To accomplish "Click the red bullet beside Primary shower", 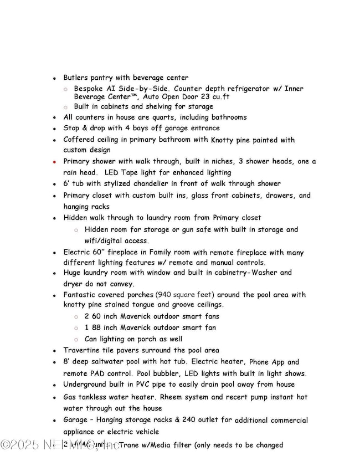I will pyautogui.click(x=54, y=162).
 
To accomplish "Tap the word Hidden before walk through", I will pyautogui.click(x=76, y=218).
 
